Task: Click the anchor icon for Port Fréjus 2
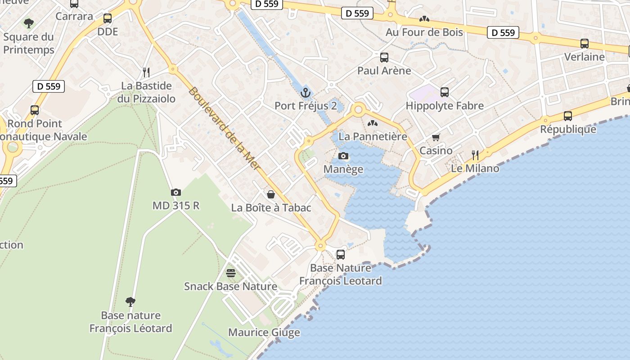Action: pyautogui.click(x=306, y=93)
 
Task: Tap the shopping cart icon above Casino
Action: pyautogui.click(x=436, y=137)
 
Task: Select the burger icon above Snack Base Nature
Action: pyautogui.click(x=231, y=273)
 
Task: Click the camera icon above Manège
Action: pyautogui.click(x=343, y=156)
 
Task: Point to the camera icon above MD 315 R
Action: pyautogui.click(x=176, y=193)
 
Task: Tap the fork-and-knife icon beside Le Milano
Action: pyautogui.click(x=475, y=155)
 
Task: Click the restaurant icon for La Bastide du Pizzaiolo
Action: pyautogui.click(x=146, y=72)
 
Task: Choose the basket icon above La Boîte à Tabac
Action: pyautogui.click(x=271, y=194)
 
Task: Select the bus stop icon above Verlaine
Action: pyautogui.click(x=584, y=44)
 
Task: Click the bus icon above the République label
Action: pyautogui.click(x=568, y=116)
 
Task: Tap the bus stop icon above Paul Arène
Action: pyautogui.click(x=384, y=58)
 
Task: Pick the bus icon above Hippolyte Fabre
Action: pyautogui.click(x=445, y=92)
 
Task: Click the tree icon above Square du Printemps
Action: pyautogui.click(x=29, y=23)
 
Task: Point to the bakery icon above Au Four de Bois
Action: pyautogui.click(x=424, y=19)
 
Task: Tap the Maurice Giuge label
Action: pyautogui.click(x=264, y=333)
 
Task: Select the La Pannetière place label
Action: pyautogui.click(x=373, y=136)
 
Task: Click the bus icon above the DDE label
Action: pyautogui.click(x=108, y=18)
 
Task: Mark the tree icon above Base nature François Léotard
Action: pyautogui.click(x=130, y=301)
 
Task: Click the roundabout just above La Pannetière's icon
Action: pyautogui.click(x=359, y=109)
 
